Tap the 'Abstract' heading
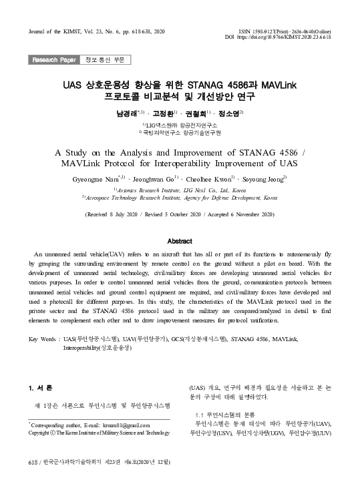[x=180, y=241]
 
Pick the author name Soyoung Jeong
[x=262, y=180]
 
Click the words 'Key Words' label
[x=43, y=340]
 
